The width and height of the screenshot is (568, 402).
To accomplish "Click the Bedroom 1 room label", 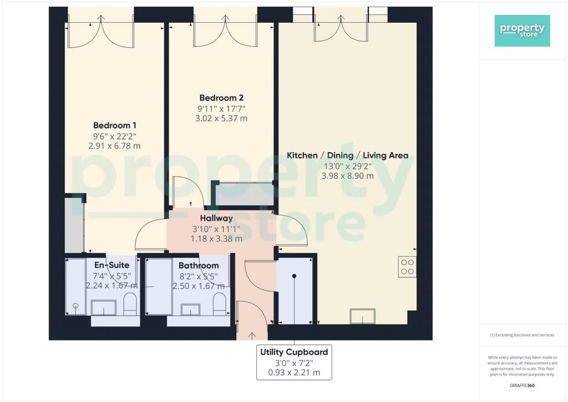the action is (x=114, y=125).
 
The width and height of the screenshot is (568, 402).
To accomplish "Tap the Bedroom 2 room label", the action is (x=221, y=98).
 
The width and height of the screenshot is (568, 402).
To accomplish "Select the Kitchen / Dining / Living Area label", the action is (x=347, y=155).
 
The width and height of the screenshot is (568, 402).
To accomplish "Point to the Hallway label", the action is (x=216, y=218).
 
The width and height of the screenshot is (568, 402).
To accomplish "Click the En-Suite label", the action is (x=111, y=265).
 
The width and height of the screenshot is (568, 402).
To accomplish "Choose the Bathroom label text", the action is (x=199, y=266).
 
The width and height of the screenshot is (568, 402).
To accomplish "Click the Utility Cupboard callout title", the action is (x=294, y=352).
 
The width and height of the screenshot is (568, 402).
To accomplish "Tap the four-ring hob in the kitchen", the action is (x=407, y=267).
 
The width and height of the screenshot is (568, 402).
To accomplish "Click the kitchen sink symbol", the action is (x=362, y=316).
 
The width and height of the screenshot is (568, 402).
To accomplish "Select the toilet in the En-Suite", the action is (x=130, y=304).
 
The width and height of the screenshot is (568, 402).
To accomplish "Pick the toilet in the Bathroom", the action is (x=219, y=304).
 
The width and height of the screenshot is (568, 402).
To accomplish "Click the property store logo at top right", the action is (x=522, y=31).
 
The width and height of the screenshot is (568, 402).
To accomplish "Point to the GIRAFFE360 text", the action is (x=522, y=385).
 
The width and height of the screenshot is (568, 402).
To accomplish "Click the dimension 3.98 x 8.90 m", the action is (x=347, y=176).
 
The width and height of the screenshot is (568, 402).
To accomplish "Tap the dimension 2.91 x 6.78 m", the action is (x=114, y=146).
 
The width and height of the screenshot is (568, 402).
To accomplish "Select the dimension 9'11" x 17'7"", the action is (x=221, y=108).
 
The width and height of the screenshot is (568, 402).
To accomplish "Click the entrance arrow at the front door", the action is (x=252, y=336).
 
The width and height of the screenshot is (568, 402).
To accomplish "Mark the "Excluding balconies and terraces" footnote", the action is (x=522, y=335).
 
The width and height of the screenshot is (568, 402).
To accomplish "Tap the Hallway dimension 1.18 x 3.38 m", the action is (x=216, y=239).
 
